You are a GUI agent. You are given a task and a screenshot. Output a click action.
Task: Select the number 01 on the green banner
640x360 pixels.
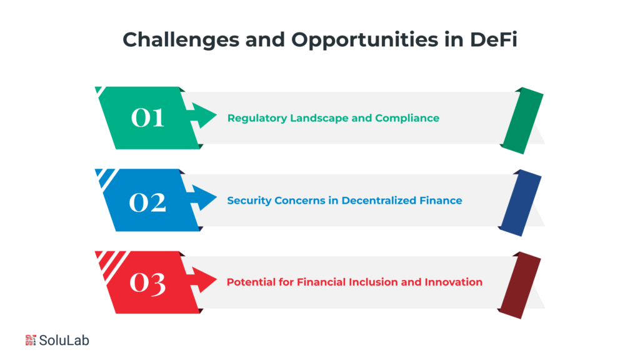coord(147,117)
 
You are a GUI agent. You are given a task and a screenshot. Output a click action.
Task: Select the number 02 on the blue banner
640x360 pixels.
coord(147,201)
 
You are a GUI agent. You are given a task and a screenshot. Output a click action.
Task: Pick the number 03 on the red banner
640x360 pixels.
coord(147,282)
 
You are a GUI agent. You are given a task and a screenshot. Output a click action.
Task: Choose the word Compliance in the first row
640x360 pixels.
coord(407,118)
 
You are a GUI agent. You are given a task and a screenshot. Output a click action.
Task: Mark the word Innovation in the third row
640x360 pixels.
coord(453,282)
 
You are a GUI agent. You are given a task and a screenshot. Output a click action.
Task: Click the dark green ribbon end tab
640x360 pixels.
coord(522,121)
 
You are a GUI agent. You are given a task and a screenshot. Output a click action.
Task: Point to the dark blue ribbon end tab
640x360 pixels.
coord(521,203)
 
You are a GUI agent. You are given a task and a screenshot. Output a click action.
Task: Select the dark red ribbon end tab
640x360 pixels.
coord(521,285)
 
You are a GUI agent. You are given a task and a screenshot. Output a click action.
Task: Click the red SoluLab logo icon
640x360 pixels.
coord(31,341)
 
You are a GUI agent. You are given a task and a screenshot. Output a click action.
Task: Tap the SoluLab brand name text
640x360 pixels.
coord(64,341)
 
